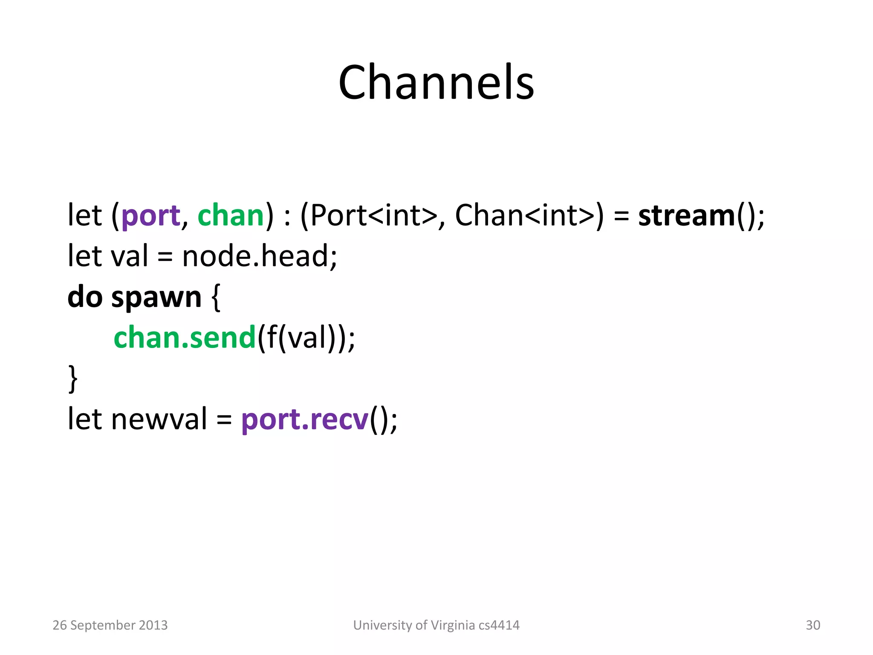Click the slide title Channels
(x=436, y=82)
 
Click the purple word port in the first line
(x=150, y=216)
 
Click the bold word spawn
(x=156, y=298)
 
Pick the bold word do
(x=85, y=297)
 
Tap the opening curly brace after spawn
(x=216, y=298)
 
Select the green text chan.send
(x=184, y=337)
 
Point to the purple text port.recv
(x=304, y=420)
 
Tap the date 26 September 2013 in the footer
(x=110, y=625)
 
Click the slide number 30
(x=812, y=625)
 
